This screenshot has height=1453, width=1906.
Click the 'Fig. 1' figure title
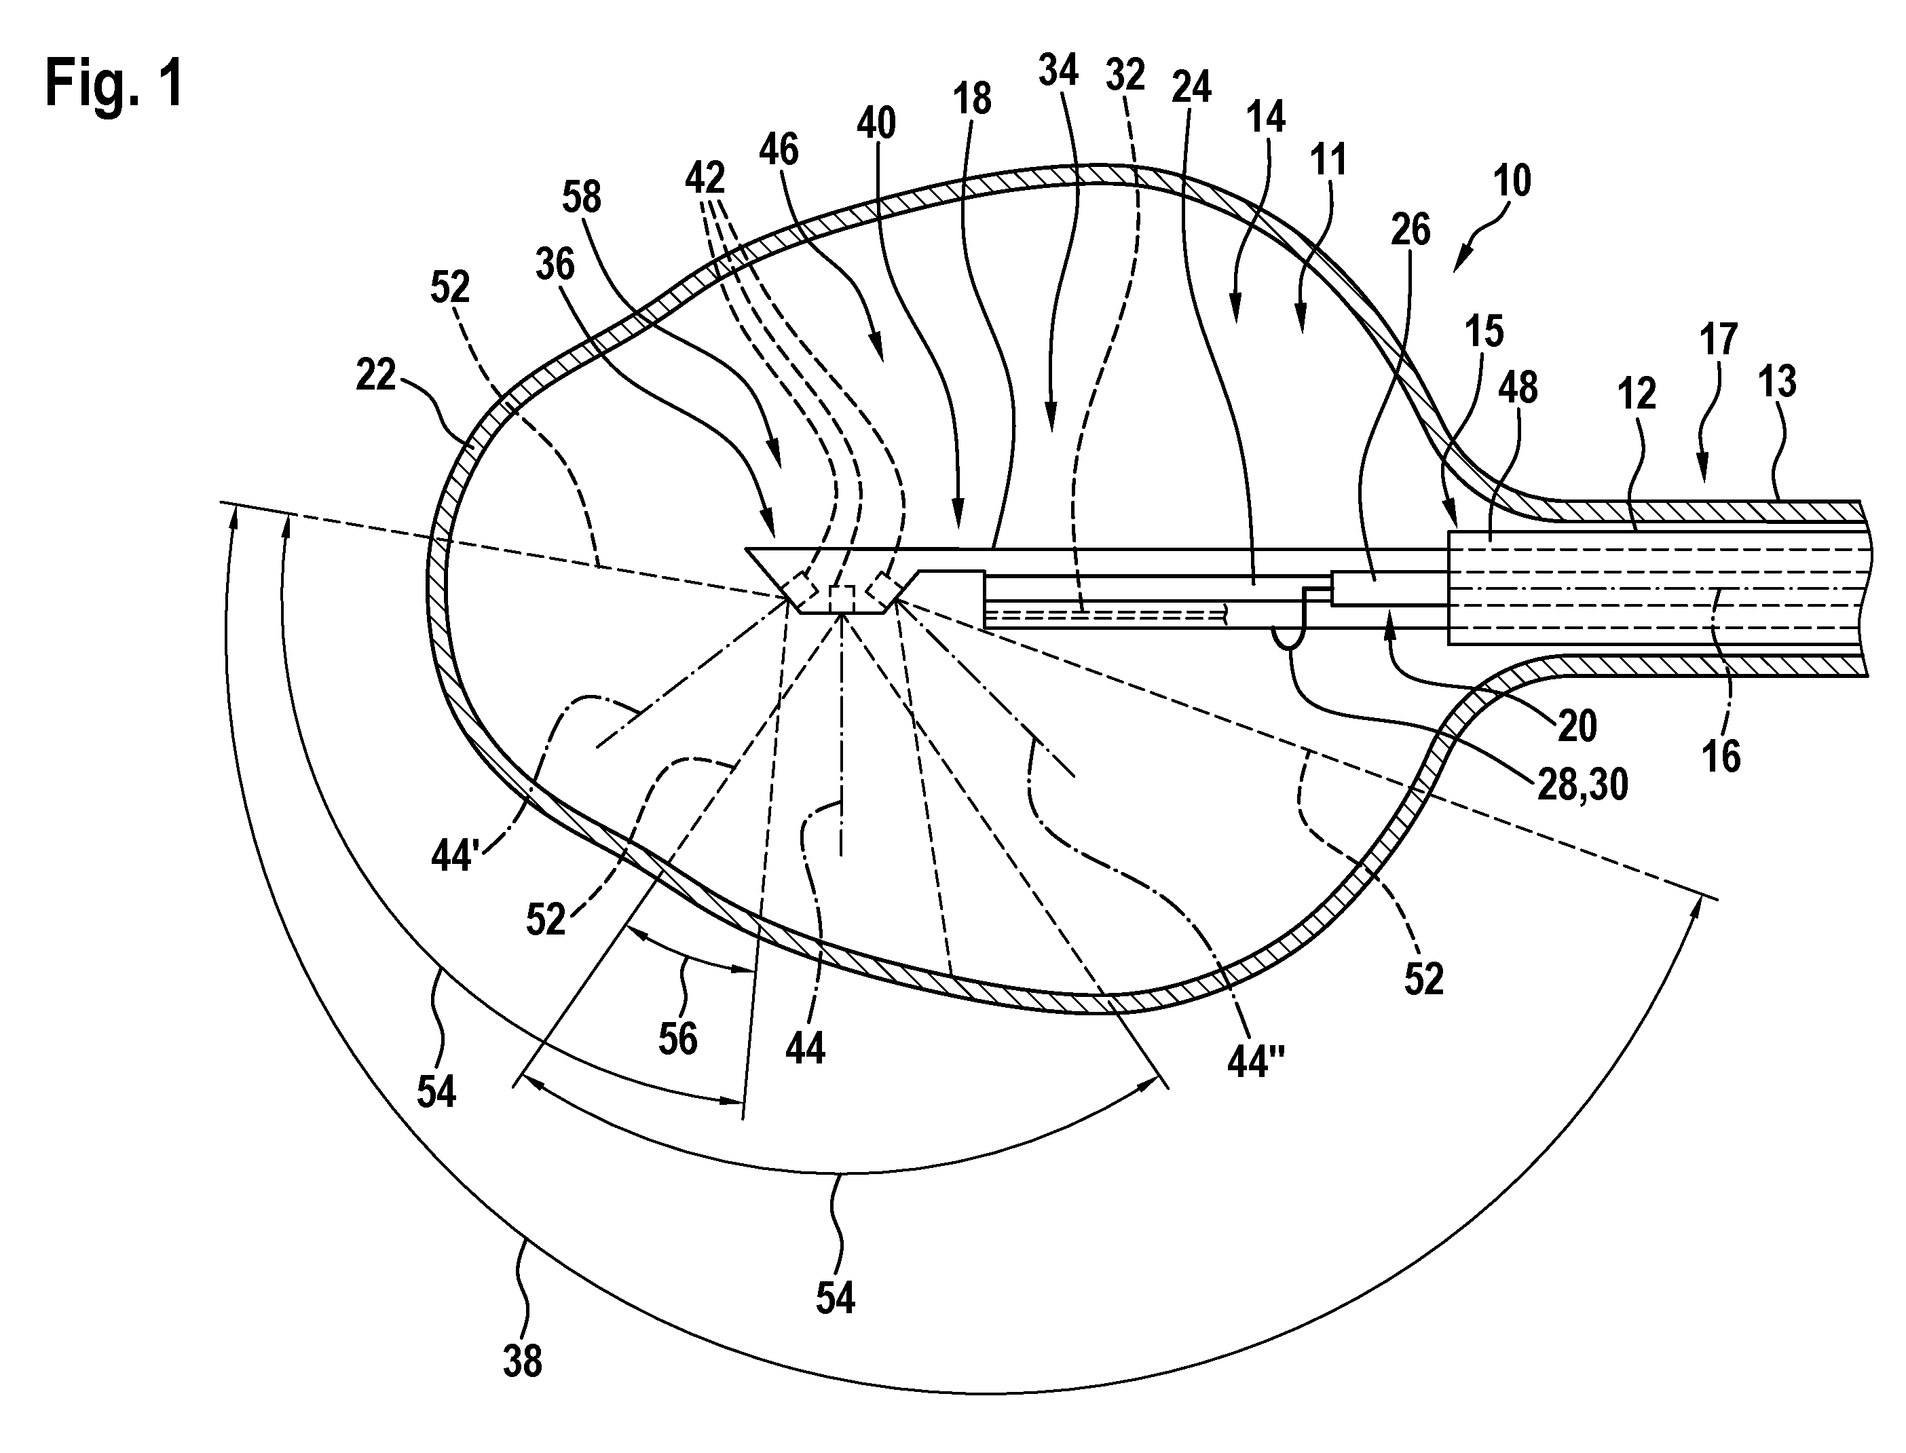(114, 84)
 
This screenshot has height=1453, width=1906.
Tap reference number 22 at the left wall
(375, 375)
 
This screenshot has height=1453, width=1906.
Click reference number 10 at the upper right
(1512, 182)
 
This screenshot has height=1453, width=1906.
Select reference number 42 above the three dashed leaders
(705, 179)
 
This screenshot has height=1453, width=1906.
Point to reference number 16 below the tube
(1721, 757)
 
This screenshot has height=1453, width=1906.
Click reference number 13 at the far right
(1777, 381)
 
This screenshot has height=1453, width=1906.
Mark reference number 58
(581, 197)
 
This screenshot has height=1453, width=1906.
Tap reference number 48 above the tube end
(1518, 388)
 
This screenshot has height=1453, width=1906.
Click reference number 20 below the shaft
(1577, 726)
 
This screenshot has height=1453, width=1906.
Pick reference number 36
(555, 264)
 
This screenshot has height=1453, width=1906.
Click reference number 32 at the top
(1125, 75)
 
